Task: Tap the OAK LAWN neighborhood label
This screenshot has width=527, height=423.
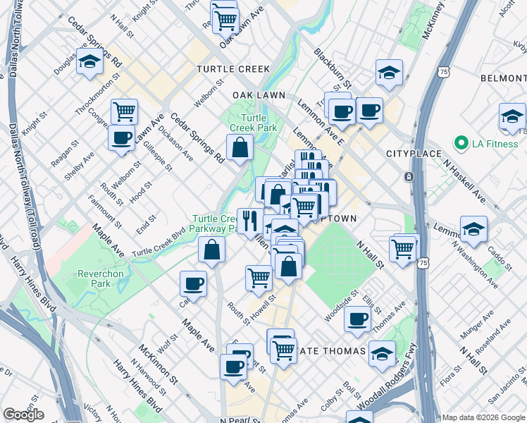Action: (x=259, y=94)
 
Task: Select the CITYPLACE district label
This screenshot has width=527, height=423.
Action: (x=414, y=154)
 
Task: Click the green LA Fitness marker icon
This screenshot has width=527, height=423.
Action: (x=461, y=144)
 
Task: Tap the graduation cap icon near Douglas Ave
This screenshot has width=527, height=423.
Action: (x=90, y=62)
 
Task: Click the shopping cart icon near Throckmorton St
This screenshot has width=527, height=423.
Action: (x=124, y=111)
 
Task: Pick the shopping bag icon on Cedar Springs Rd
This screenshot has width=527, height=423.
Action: (x=240, y=147)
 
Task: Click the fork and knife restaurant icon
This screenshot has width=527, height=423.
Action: (x=249, y=221)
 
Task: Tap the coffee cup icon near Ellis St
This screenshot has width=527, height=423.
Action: (x=357, y=318)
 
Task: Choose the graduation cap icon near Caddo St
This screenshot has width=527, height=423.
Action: (x=473, y=228)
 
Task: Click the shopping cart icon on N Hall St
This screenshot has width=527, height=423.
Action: (x=402, y=248)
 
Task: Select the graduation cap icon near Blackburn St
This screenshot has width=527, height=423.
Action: (x=387, y=72)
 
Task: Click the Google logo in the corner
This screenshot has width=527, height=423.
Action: (x=23, y=415)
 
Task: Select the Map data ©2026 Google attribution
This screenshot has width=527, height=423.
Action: (x=484, y=417)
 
